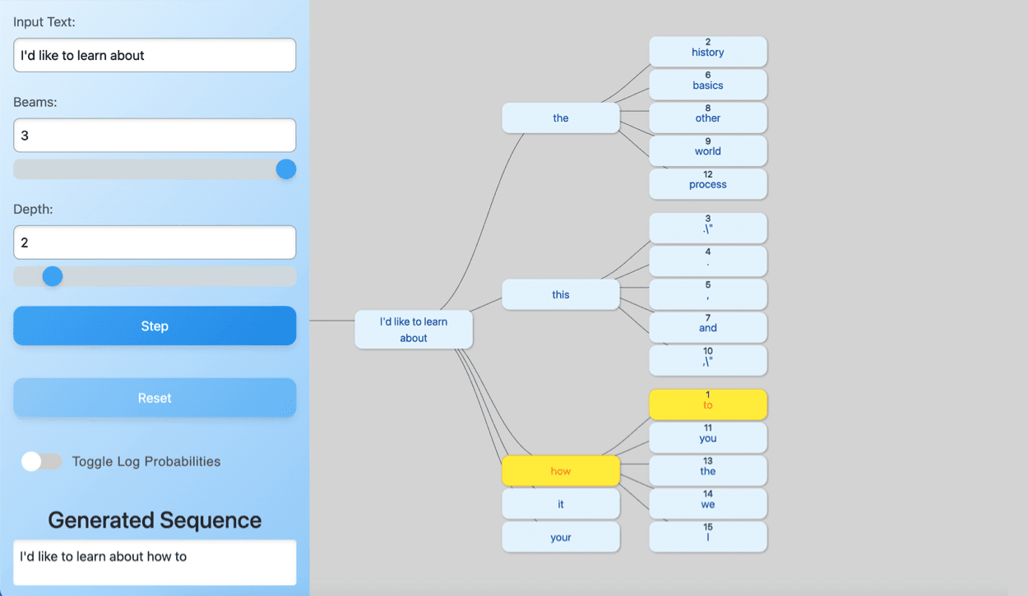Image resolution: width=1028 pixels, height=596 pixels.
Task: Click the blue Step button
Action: click(x=155, y=326)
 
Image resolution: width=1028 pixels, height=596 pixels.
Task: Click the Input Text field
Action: click(x=155, y=55)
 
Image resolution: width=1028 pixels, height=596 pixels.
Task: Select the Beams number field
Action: click(x=155, y=136)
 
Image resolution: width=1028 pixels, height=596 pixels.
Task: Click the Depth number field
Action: click(x=155, y=243)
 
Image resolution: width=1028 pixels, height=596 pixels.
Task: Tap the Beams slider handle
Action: click(x=286, y=169)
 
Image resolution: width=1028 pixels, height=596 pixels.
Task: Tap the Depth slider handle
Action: click(x=53, y=276)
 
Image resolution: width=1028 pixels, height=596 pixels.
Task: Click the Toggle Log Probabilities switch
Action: click(x=42, y=461)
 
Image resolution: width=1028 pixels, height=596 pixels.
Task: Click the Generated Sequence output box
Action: click(x=155, y=562)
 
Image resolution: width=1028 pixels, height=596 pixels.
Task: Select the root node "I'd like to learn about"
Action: click(x=414, y=330)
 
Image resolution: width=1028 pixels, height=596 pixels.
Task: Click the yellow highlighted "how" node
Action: click(x=561, y=471)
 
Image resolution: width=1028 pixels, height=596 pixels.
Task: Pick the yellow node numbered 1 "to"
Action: click(x=708, y=404)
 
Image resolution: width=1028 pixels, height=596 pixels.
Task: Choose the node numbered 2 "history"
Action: click(x=708, y=51)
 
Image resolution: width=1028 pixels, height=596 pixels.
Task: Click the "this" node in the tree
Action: click(x=561, y=294)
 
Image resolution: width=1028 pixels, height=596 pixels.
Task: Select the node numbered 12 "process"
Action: click(x=708, y=183)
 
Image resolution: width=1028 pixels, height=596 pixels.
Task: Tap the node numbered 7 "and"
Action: click(x=708, y=327)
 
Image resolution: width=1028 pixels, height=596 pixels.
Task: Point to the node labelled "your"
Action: click(x=561, y=537)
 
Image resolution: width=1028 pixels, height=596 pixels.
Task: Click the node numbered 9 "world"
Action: click(x=708, y=150)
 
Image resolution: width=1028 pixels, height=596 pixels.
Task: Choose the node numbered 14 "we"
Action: click(x=708, y=503)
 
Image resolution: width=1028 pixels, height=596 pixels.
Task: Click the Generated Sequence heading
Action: click(x=155, y=520)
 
